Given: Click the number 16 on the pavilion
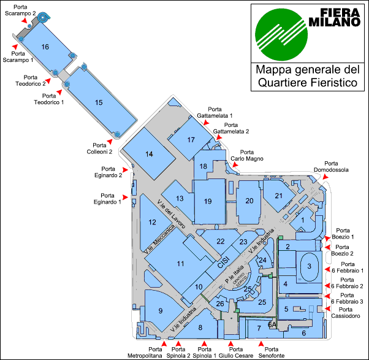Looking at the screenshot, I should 45,47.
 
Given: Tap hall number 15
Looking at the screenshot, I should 99,102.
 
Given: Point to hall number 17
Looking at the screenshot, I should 191,140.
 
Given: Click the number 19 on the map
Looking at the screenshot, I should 208,201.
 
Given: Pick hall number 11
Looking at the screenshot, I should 180,263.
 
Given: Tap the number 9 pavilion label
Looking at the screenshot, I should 161,311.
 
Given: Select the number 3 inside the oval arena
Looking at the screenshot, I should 310,266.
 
